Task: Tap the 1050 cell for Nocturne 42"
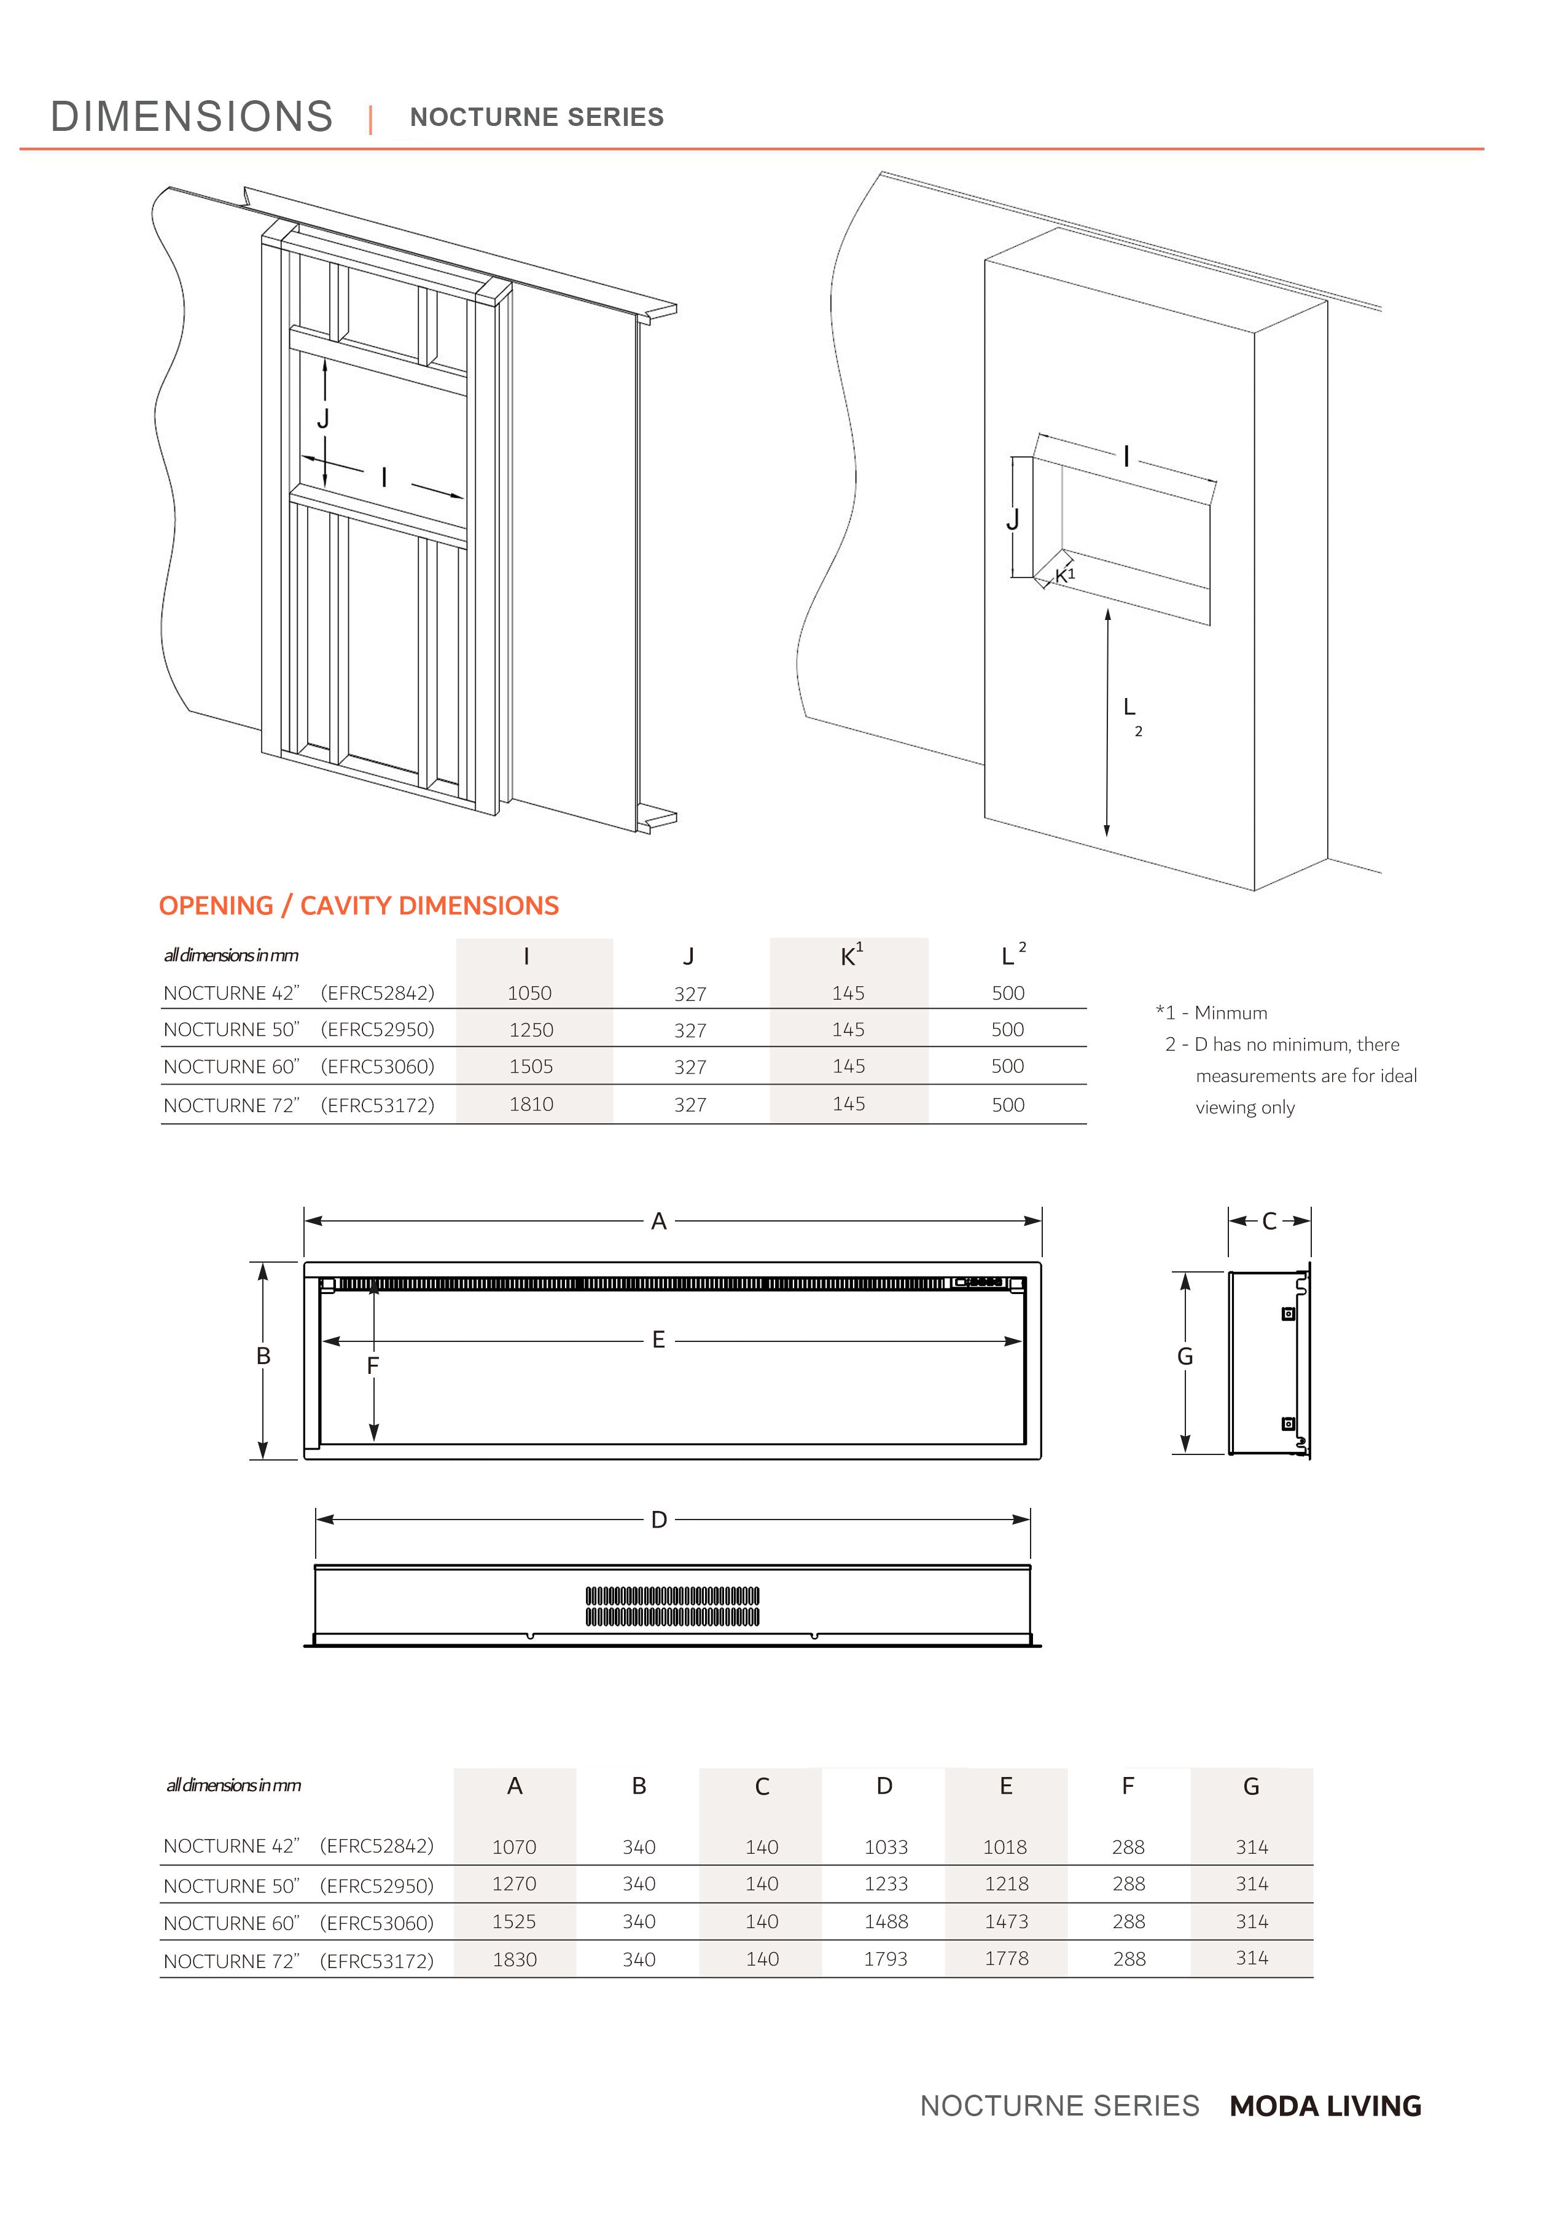(529, 993)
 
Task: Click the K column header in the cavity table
(849, 956)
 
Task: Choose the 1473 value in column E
(1006, 1921)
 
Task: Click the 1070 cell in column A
(513, 1846)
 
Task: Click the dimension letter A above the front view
(659, 1222)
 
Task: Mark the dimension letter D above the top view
(659, 1520)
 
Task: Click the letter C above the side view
(1269, 1222)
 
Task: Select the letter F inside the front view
(373, 1367)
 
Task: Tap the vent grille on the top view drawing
(673, 1606)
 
